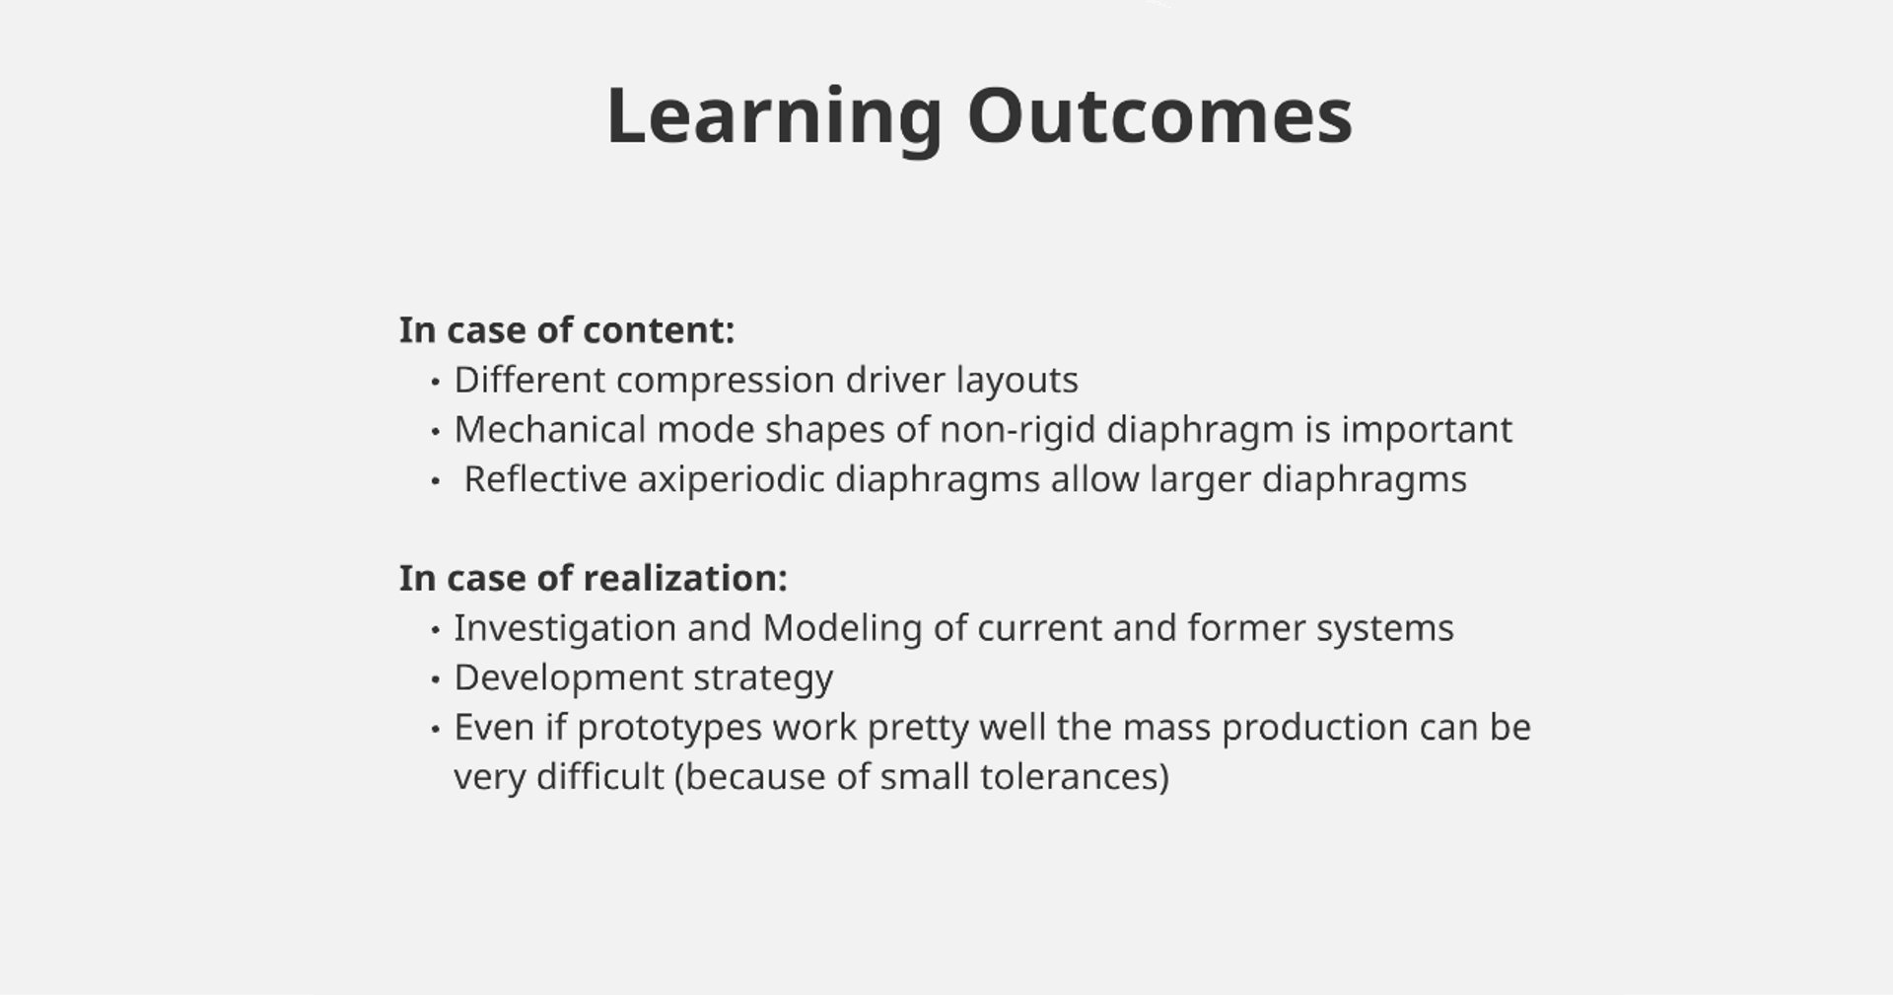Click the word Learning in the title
pos(775,118)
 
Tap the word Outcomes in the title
pos(1159,116)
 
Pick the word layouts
pos(1017,381)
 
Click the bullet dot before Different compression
pos(435,382)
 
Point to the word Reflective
pos(545,479)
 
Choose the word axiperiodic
pos(731,480)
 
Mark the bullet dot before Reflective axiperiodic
pos(435,481)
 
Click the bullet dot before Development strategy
pos(435,679)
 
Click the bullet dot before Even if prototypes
pos(435,729)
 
